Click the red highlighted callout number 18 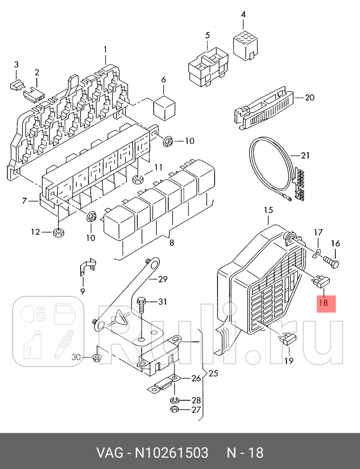click(x=323, y=303)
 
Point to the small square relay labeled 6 click(x=163, y=107)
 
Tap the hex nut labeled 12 click(x=58, y=232)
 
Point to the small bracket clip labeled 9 click(x=87, y=267)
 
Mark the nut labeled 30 click(x=96, y=358)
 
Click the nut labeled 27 click(x=174, y=410)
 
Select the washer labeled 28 click(x=174, y=400)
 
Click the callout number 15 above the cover click(x=268, y=210)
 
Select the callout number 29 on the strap click(x=162, y=279)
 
